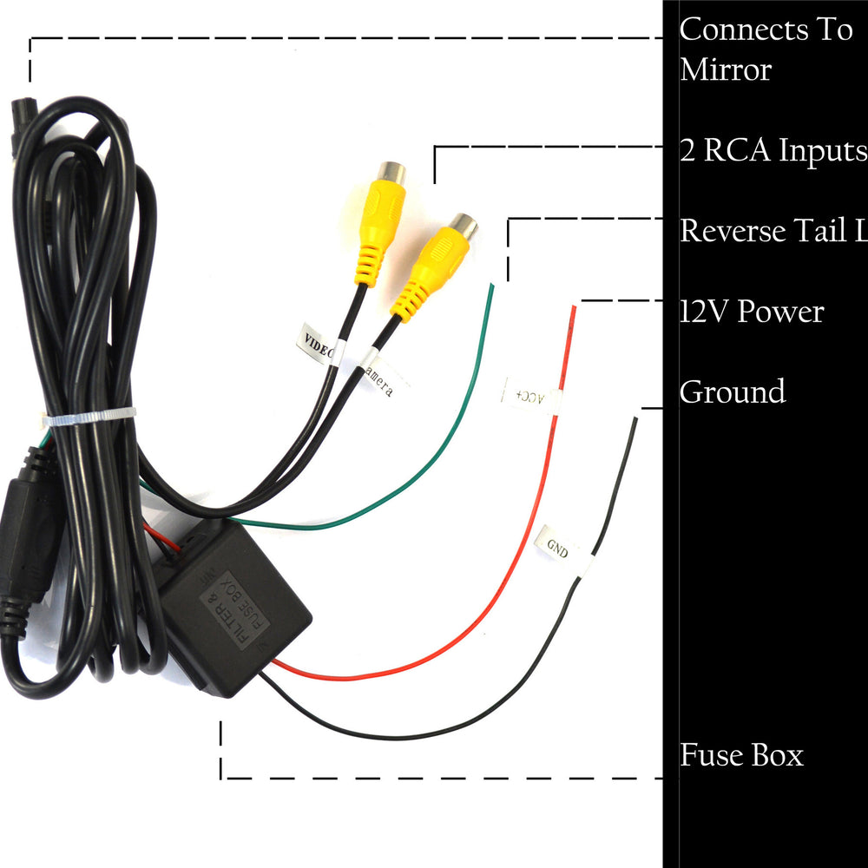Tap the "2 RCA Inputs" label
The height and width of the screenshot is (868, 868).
[773, 150]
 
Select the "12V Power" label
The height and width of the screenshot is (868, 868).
[752, 311]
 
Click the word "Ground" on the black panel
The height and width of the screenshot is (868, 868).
[733, 391]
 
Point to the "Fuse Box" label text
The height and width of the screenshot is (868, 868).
[741, 754]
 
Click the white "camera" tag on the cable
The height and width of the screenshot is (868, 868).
[378, 377]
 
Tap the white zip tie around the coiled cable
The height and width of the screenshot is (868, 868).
[90, 417]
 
